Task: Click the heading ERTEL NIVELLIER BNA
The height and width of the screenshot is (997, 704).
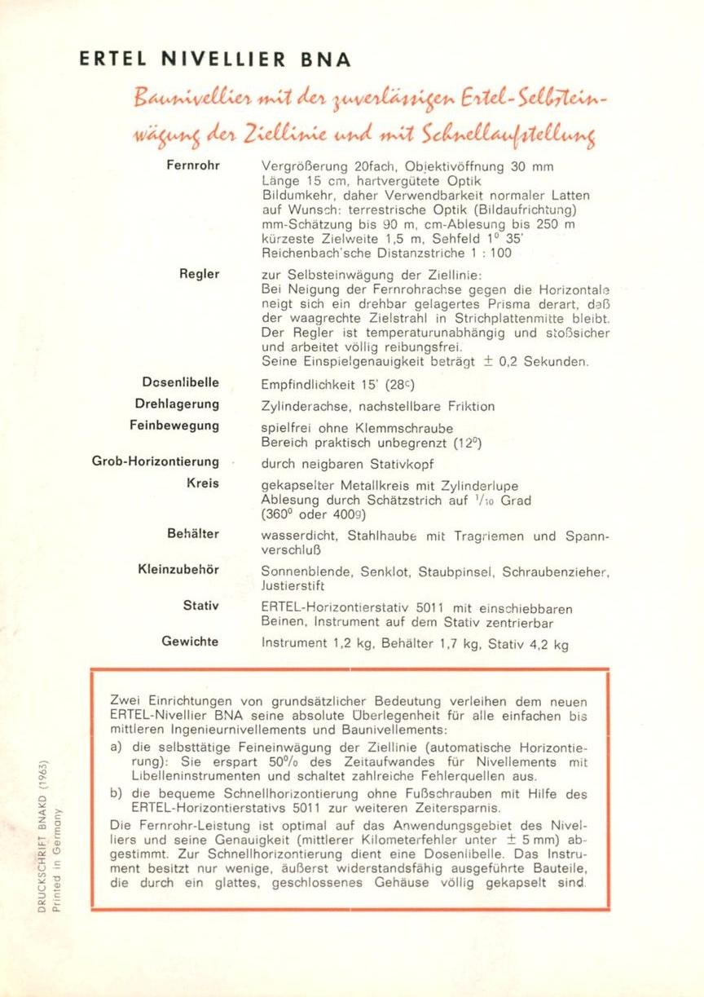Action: [215, 60]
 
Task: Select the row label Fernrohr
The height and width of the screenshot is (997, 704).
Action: [192, 166]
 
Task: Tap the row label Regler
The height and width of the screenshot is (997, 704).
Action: [200, 275]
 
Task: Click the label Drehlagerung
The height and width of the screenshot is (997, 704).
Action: [178, 404]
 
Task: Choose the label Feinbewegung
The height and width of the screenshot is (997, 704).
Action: [174, 426]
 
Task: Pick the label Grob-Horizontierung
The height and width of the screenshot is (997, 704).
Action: [155, 462]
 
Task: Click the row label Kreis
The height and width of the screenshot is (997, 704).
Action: [203, 483]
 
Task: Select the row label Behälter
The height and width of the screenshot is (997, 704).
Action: [193, 534]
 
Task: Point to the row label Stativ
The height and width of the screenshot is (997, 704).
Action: [201, 606]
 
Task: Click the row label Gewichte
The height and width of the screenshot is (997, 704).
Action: [190, 642]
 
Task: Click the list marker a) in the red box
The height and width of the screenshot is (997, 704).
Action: [116, 746]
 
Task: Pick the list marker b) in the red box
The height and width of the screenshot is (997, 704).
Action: [116, 794]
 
